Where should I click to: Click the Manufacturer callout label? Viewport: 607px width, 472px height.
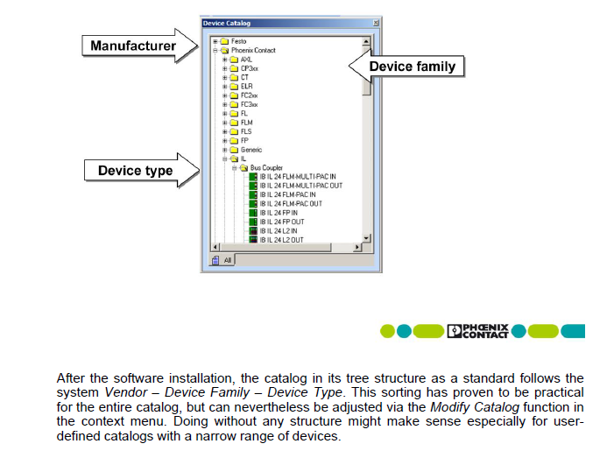click(132, 46)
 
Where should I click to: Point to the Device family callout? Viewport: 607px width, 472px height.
click(412, 67)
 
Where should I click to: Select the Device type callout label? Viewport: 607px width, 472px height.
click(135, 170)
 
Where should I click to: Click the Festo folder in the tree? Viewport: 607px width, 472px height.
click(239, 41)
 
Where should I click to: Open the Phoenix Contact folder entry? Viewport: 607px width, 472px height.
click(253, 51)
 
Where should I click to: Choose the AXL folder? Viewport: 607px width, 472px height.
click(245, 60)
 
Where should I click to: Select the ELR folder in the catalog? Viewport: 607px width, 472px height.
click(246, 87)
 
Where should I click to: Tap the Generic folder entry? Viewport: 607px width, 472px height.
click(251, 150)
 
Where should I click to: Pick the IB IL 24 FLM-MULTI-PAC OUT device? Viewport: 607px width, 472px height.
click(300, 186)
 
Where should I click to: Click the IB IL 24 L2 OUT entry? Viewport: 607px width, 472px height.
click(281, 240)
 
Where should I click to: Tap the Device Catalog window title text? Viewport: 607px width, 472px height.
click(227, 24)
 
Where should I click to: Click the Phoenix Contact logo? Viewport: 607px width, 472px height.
click(476, 331)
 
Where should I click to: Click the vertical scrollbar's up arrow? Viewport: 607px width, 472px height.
click(366, 41)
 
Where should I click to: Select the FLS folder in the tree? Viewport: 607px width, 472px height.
click(246, 131)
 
